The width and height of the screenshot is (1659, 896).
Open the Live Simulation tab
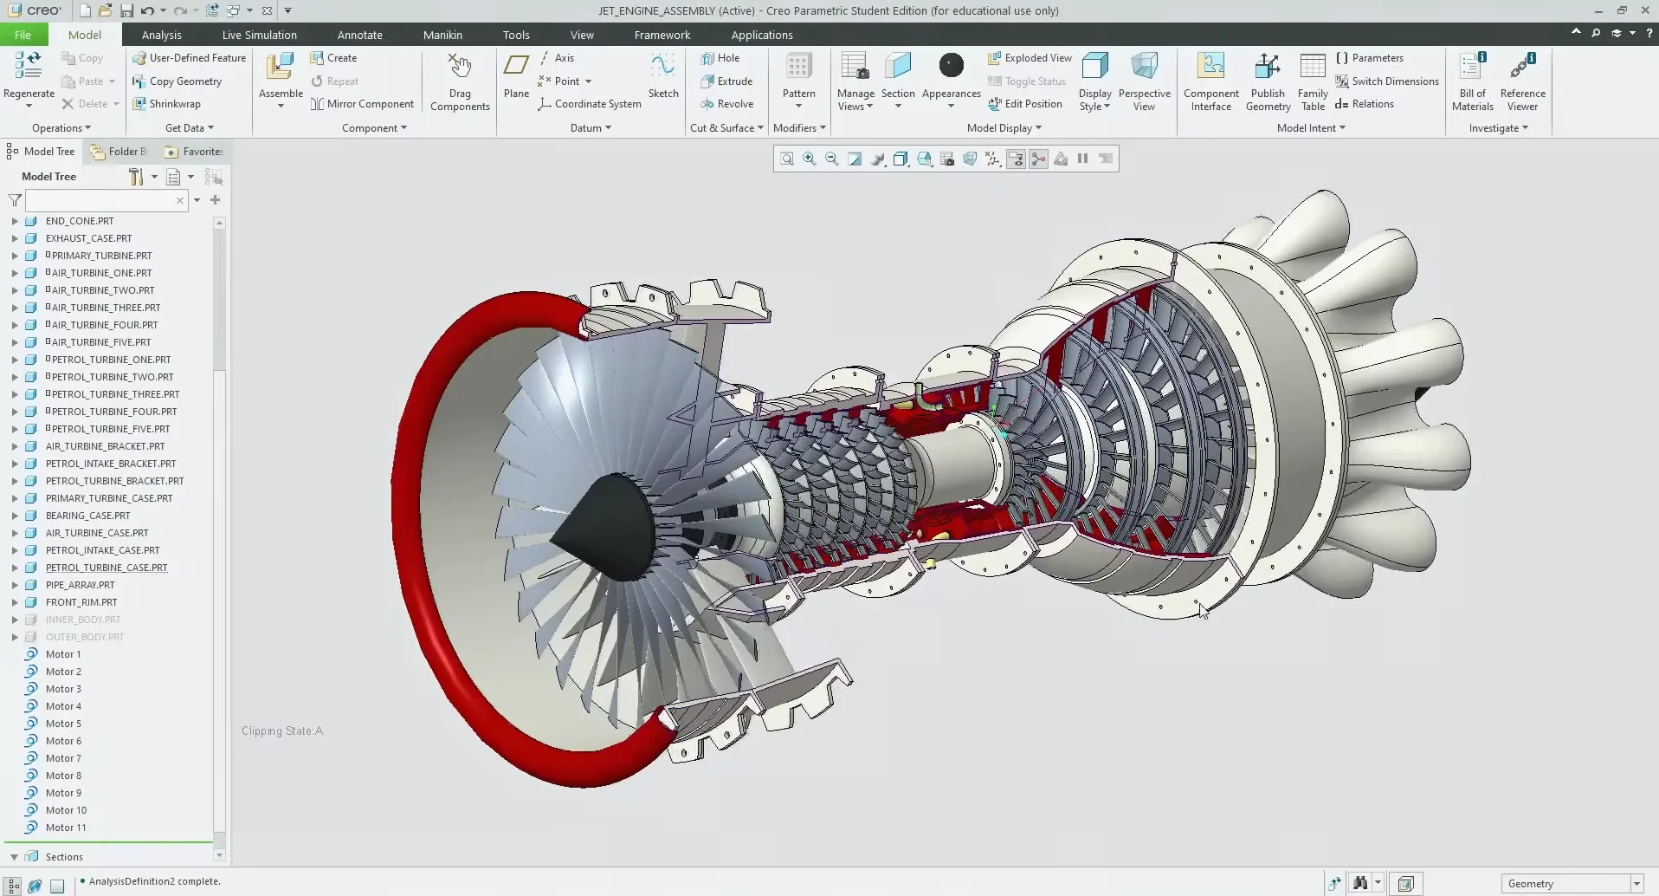pos(259,35)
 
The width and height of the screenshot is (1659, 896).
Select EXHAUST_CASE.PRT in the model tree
pos(88,238)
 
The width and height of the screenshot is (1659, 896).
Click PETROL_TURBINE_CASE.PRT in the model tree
pos(107,568)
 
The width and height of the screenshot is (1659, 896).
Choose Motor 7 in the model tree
pos(63,758)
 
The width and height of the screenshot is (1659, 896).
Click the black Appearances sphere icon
pos(951,66)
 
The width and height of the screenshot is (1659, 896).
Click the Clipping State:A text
pos(282,731)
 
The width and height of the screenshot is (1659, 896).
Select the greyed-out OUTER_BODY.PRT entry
pos(85,637)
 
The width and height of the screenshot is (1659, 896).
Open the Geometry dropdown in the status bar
pos(1636,884)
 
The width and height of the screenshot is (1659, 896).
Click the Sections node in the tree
pos(64,857)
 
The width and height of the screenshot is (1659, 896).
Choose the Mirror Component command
pos(370,104)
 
